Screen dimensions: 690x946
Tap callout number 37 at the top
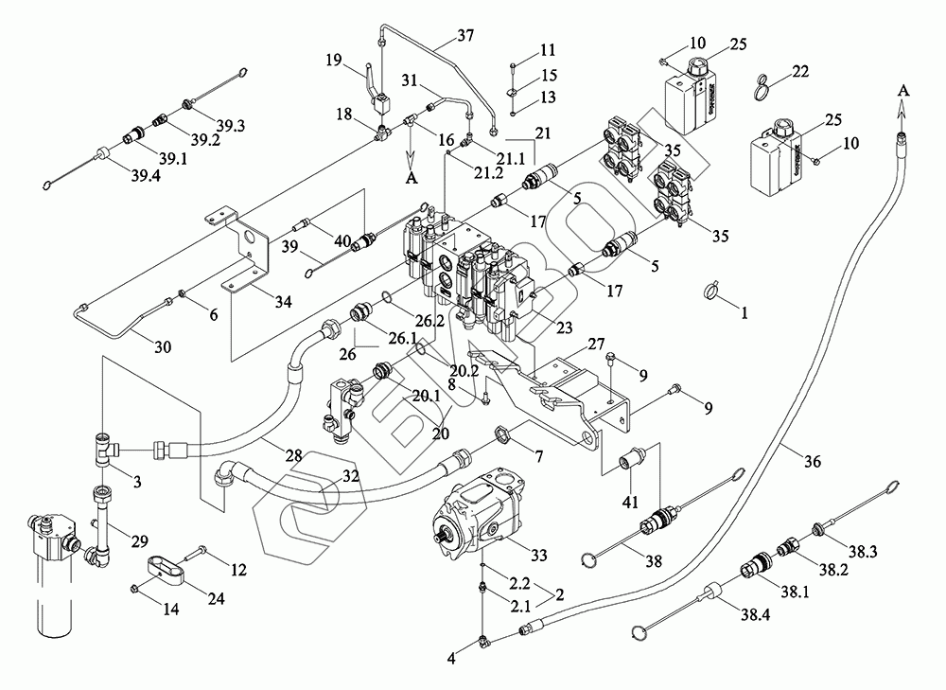(464, 37)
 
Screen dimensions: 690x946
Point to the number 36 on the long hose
(811, 462)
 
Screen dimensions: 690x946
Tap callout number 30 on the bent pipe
(162, 347)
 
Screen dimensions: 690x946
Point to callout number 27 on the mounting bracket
(597, 343)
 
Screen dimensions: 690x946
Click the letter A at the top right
(903, 89)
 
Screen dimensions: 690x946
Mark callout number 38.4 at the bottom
(756, 614)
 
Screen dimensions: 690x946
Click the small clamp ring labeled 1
(716, 292)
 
